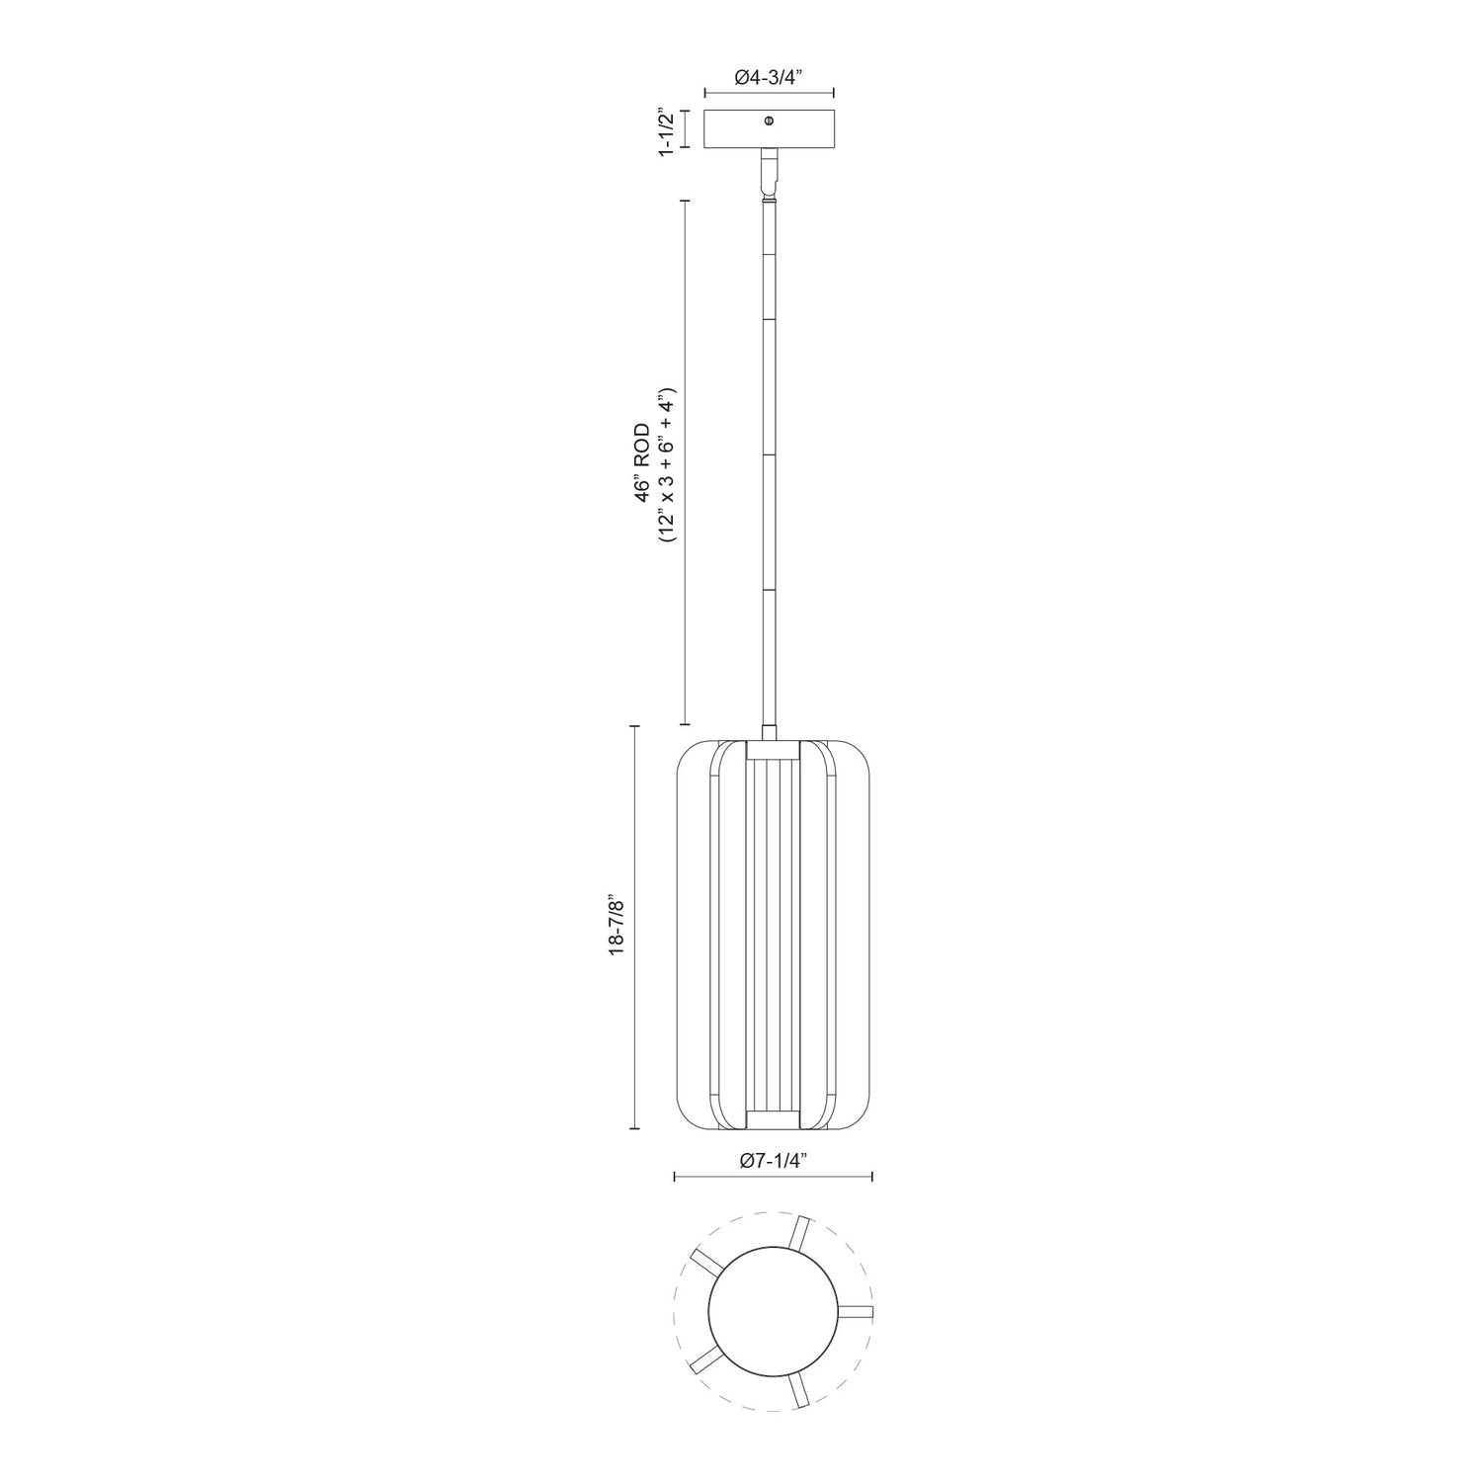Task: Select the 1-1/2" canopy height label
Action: pyautogui.click(x=668, y=130)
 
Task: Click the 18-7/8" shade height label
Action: pyautogui.click(x=617, y=926)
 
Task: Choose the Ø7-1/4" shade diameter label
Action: pyautogui.click(x=773, y=1162)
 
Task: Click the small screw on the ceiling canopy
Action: pyautogui.click(x=769, y=121)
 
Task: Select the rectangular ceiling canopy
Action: pyautogui.click(x=731, y=130)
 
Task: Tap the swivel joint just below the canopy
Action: pyautogui.click(x=769, y=174)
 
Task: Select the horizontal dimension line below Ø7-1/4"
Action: pyautogui.click(x=773, y=1177)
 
